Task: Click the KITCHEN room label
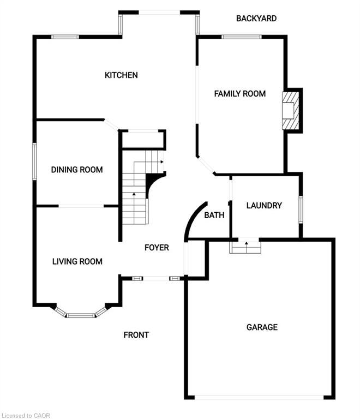click(121, 75)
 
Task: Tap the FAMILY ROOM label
click(239, 94)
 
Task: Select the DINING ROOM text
click(77, 170)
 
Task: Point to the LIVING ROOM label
click(77, 261)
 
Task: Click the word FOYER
click(157, 248)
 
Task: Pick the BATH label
click(214, 216)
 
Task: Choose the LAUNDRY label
click(264, 206)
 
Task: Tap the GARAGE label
click(262, 327)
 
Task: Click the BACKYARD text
click(256, 19)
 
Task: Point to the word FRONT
click(136, 335)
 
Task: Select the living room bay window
click(81, 315)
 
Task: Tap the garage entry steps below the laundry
click(245, 248)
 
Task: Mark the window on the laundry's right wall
click(300, 208)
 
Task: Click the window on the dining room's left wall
click(34, 160)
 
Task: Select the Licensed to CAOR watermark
click(26, 414)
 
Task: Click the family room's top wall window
click(241, 37)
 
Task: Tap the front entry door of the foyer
click(156, 279)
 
